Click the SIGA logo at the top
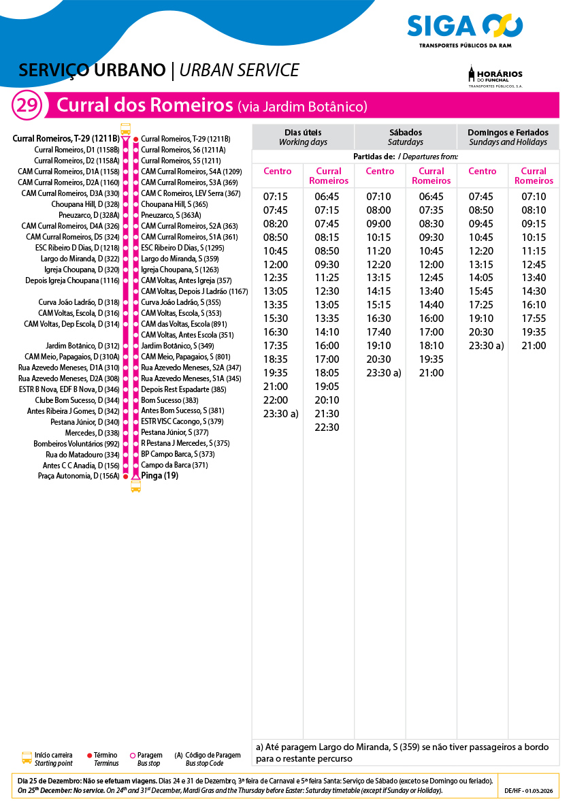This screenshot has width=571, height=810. coord(465,27)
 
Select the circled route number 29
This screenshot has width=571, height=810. coord(27,106)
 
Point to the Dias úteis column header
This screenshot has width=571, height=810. coord(303,137)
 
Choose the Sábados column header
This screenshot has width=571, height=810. coord(406,137)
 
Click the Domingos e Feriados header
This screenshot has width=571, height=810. coord(508,137)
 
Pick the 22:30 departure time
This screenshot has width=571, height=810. coord(327,427)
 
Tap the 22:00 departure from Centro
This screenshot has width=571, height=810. coord(276,400)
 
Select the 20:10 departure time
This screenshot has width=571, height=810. coord(327,400)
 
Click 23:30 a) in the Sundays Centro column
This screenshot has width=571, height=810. coord(486,346)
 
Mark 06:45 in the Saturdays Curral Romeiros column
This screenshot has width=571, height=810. coord(431,197)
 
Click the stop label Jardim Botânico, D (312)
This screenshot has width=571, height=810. coord(82,346)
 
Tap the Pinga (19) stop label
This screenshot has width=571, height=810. coord(159,476)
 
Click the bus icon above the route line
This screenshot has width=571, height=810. coord(125,129)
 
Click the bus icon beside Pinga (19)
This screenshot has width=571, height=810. coord(135,486)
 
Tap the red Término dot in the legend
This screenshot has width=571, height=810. coord(90,756)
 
